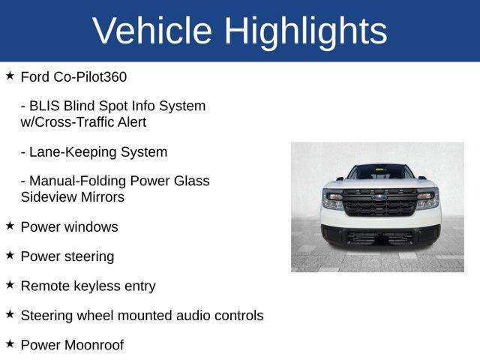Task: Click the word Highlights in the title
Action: [x=305, y=31]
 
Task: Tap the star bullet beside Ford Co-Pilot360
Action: [x=10, y=76]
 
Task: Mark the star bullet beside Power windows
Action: [x=10, y=225]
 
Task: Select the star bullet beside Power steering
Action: [x=10, y=255]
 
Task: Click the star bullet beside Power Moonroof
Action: [x=10, y=344]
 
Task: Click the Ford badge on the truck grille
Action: [x=379, y=199]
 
